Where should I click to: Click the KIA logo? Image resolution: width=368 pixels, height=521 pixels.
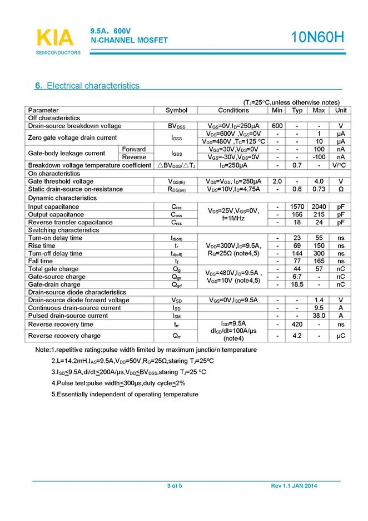point(55,38)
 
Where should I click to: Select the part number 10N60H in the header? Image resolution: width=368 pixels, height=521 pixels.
point(318,38)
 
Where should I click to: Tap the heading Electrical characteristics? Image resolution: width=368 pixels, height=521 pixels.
point(87,86)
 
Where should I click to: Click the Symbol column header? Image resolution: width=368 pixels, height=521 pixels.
point(177,110)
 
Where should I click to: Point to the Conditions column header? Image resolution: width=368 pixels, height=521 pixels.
point(233,110)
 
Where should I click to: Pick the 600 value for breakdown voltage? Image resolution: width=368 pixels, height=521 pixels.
point(277,126)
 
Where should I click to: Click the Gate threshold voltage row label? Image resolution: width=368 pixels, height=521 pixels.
point(61,181)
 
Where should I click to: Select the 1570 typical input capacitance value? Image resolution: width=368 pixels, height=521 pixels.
point(297,207)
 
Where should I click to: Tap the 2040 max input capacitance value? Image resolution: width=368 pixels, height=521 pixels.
point(319,207)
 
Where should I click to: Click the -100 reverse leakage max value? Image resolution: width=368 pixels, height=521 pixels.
point(319,157)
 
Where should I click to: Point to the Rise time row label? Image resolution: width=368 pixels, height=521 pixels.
point(42,246)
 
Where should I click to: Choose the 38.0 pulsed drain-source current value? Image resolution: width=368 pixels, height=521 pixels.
point(319,316)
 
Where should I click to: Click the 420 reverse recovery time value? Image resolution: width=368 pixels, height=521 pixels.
point(297,325)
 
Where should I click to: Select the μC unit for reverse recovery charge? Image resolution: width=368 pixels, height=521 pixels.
point(341,336)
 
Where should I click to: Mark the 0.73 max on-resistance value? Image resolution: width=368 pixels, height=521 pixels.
point(319,189)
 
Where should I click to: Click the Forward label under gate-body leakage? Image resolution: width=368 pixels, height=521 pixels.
point(134,149)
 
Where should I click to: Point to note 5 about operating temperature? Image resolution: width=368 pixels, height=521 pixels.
point(125,394)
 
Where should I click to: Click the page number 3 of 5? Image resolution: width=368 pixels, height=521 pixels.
point(175,486)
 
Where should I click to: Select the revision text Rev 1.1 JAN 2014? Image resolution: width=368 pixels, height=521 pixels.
point(294,486)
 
